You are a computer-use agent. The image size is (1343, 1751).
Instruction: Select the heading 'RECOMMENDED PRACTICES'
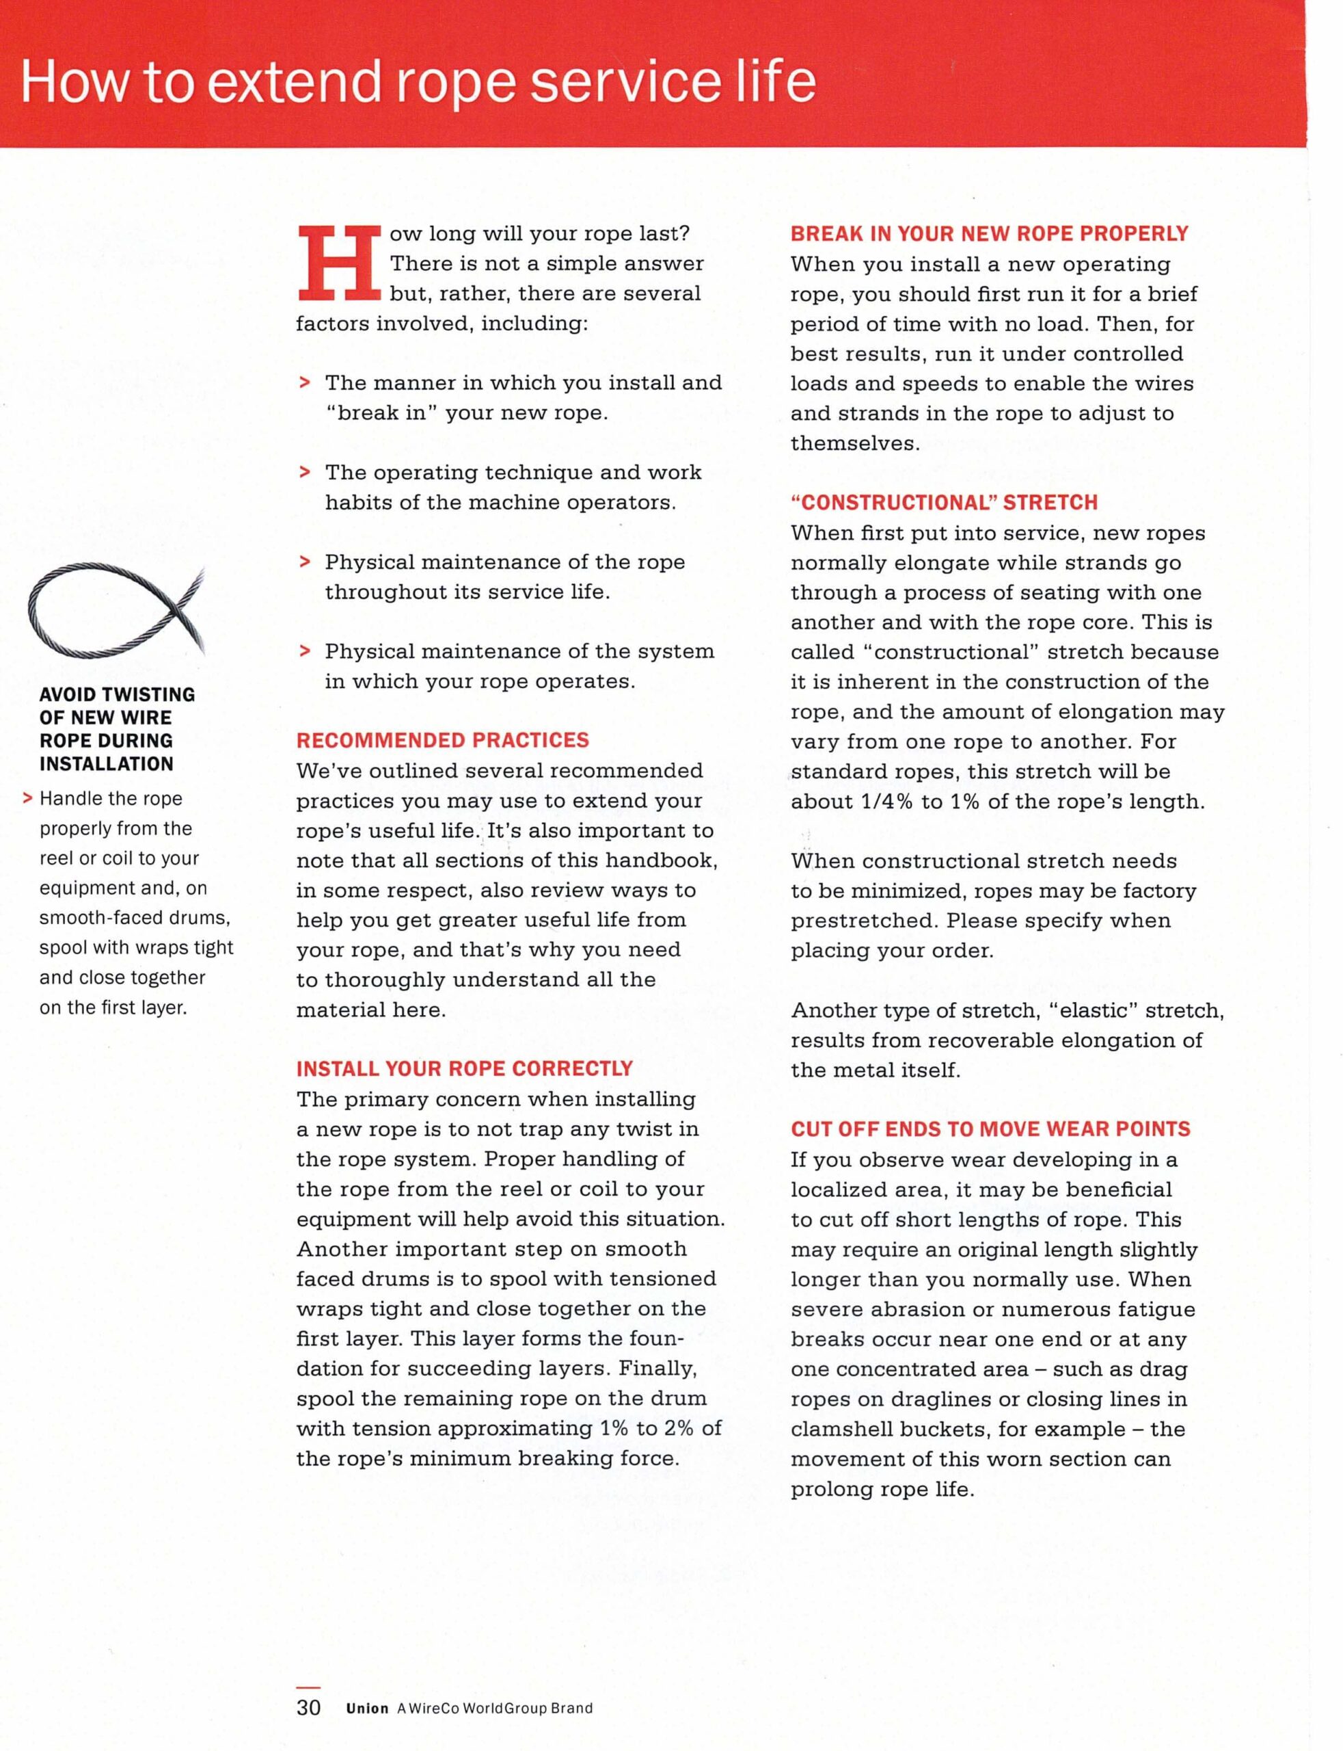[x=442, y=740]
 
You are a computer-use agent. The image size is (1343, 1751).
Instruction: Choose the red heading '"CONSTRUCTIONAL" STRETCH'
[x=944, y=502]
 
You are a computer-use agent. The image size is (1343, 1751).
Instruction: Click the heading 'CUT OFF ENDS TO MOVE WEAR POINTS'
[x=990, y=1129]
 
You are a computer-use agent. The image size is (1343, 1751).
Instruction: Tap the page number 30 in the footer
[x=308, y=1708]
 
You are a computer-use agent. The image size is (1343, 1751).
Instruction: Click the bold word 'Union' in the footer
[x=367, y=1709]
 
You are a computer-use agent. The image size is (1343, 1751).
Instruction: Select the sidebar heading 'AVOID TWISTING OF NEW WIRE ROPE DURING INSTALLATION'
[x=117, y=728]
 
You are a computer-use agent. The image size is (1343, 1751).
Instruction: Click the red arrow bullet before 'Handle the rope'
[x=28, y=798]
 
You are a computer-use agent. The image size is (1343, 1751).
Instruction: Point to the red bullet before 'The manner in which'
[x=303, y=382]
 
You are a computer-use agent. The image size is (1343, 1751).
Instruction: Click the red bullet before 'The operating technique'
[x=303, y=472]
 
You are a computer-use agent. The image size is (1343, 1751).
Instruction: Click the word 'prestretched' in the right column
[x=863, y=921]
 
